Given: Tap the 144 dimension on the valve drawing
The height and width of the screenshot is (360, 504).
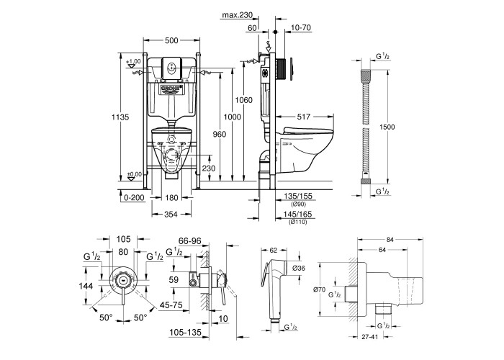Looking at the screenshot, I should [x=86, y=285].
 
